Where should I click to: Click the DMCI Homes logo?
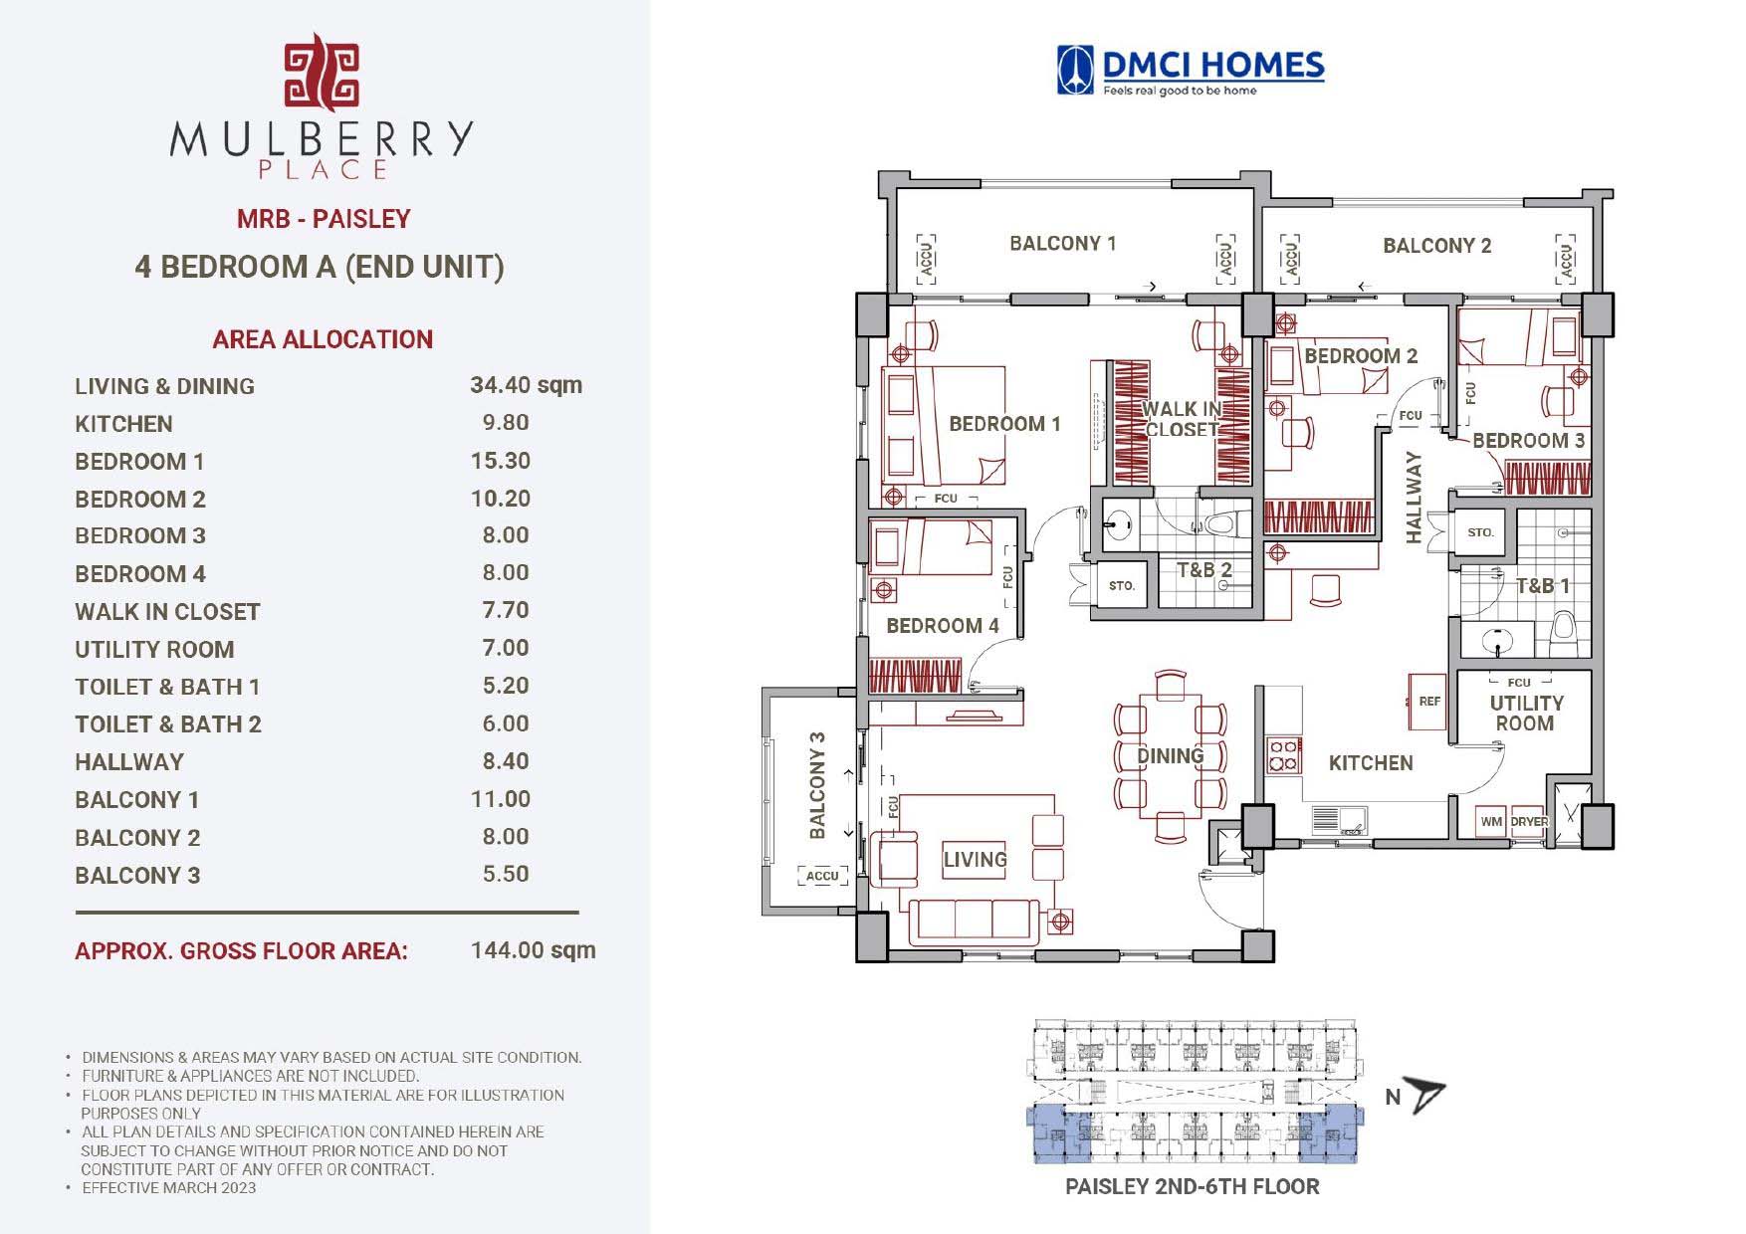point(1191,72)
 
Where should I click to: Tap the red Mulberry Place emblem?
point(322,74)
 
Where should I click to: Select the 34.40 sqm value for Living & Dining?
point(526,385)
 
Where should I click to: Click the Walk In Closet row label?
point(167,612)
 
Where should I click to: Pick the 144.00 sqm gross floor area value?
point(533,950)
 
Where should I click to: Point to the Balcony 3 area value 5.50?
point(505,875)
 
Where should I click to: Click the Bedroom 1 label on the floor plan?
point(1004,424)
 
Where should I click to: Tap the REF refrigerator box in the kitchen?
point(1428,701)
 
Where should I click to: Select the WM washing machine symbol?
point(1490,821)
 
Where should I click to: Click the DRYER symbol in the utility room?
point(1528,821)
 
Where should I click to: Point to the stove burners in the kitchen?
point(1283,755)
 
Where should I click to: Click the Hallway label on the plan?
point(1414,498)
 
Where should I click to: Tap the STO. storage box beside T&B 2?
point(1122,585)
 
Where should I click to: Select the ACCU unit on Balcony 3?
point(822,876)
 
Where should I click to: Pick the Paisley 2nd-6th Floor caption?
point(1192,1186)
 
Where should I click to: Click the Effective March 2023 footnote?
point(168,1187)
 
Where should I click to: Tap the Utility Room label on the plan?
point(1525,713)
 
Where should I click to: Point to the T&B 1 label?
point(1542,586)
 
